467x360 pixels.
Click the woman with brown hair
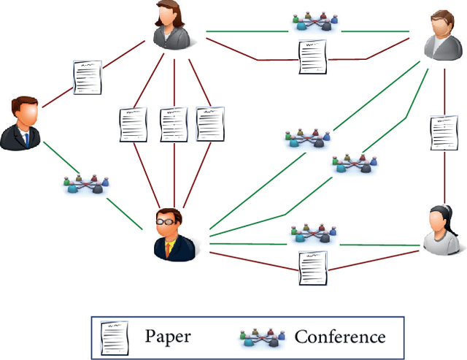coord(173,26)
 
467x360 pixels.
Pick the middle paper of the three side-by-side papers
coord(174,125)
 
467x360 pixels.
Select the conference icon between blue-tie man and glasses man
coord(86,183)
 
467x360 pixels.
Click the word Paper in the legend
coord(167,337)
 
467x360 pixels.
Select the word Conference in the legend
coord(339,337)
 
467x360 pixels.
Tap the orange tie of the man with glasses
coord(170,248)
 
